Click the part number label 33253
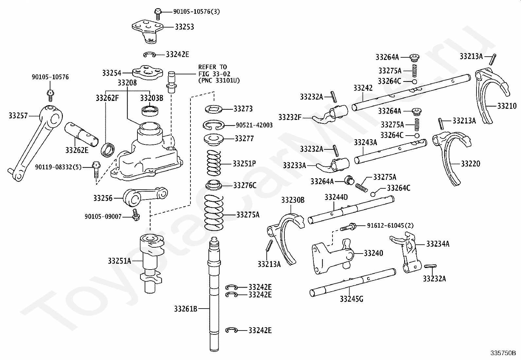click(x=184, y=27)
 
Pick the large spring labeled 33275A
click(x=214, y=213)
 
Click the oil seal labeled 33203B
click(x=151, y=110)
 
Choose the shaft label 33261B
click(x=186, y=309)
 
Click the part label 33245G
click(x=351, y=298)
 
